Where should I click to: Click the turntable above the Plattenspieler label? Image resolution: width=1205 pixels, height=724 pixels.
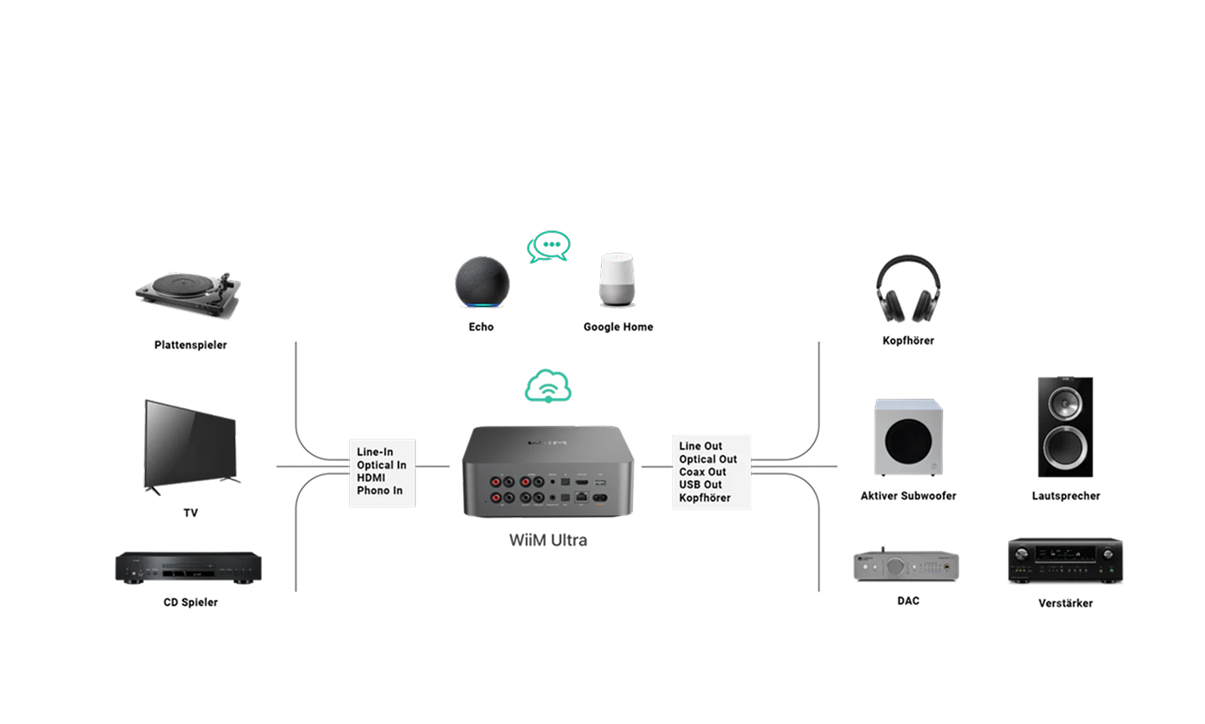[x=188, y=294]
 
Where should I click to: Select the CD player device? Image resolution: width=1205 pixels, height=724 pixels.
[x=188, y=567]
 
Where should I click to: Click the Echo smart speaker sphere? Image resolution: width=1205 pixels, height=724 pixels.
[x=483, y=283]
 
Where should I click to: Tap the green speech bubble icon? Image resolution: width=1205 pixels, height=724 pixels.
[x=549, y=247]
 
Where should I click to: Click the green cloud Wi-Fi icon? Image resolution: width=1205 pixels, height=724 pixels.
[x=548, y=386]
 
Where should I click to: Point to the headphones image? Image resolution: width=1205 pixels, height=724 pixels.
[x=908, y=289]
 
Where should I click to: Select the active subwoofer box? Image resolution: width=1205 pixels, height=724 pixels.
[x=908, y=438]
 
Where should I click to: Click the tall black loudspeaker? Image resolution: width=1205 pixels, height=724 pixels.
[x=1065, y=427]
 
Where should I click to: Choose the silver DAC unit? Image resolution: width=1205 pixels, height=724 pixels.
[x=907, y=564]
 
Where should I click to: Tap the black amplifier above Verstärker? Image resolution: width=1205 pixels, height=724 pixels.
[x=1065, y=561]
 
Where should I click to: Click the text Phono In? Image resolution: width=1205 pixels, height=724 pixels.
[x=380, y=491]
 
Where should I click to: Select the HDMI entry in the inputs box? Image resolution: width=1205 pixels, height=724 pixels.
[x=371, y=478]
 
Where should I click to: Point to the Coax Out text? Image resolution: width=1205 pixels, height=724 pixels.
[x=702, y=472]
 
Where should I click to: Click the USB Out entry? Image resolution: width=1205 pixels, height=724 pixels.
[x=700, y=485]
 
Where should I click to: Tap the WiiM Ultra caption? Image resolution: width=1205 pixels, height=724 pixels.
[x=548, y=540]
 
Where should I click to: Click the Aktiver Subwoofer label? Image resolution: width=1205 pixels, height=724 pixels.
[x=908, y=496]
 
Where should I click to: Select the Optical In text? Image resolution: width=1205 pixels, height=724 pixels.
[x=382, y=465]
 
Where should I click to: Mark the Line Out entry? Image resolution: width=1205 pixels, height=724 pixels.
[x=700, y=446]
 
